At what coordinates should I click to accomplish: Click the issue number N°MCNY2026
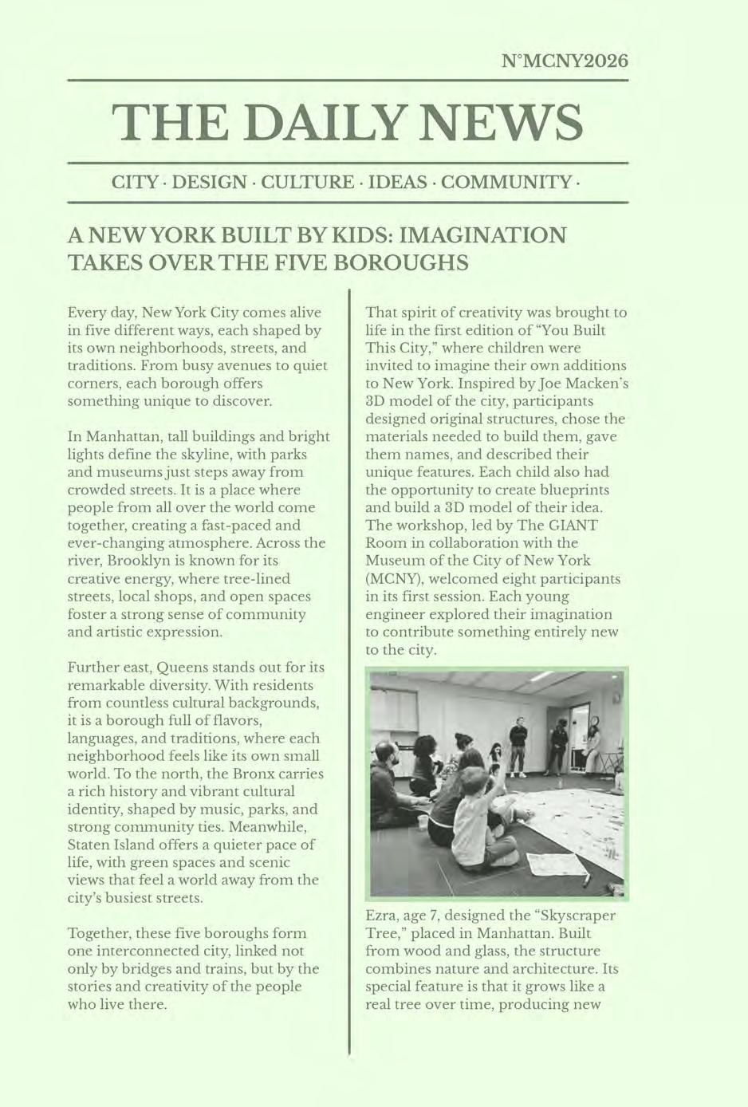pos(565,61)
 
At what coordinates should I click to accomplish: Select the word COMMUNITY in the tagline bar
pos(506,182)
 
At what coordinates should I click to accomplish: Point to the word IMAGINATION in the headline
pos(482,235)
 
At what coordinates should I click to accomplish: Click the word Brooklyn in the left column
pos(140,561)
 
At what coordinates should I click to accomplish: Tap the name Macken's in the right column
pos(596,384)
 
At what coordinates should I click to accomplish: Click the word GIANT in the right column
pos(569,525)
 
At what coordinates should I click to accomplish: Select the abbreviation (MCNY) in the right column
pos(392,578)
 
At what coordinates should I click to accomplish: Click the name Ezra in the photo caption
pos(382,916)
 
